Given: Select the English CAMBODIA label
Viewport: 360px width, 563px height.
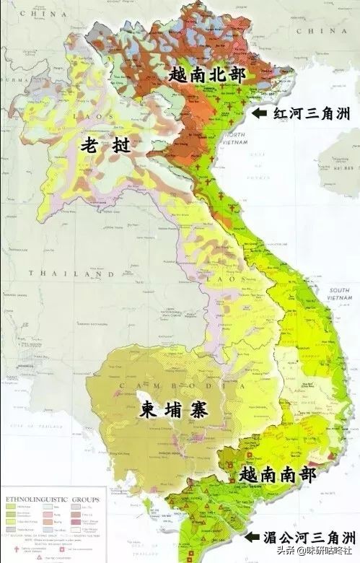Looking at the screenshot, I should click(x=148, y=385).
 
